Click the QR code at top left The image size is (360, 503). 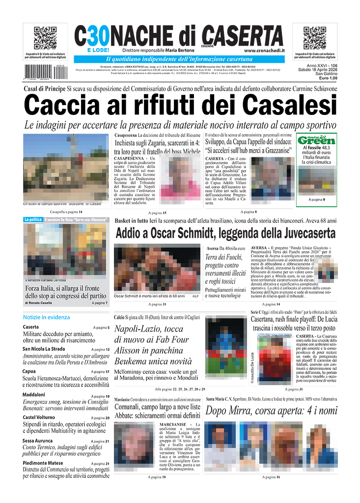[44, 38]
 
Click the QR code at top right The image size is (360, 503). [314, 38]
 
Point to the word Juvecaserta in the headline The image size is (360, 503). [303, 233]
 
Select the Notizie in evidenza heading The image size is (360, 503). [46, 317]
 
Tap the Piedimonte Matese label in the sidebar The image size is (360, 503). [43, 463]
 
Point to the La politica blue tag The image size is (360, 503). [32, 220]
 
